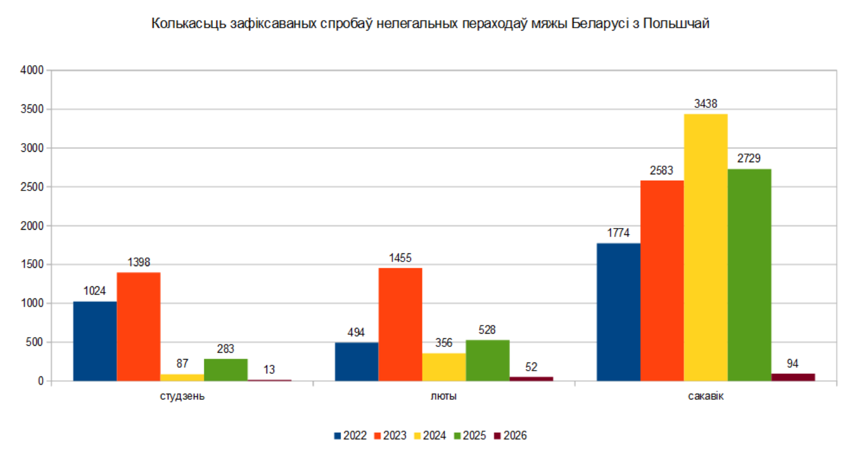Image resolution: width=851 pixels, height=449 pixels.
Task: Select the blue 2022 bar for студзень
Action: (x=95, y=341)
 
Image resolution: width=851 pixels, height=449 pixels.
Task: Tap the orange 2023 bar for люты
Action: (x=400, y=324)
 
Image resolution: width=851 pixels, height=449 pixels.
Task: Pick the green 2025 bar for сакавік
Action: (x=749, y=275)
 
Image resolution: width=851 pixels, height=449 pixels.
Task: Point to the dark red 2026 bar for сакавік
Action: (x=793, y=377)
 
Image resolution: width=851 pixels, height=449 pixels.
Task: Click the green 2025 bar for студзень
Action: (x=226, y=369)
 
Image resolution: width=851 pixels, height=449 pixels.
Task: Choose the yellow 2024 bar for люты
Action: (x=444, y=366)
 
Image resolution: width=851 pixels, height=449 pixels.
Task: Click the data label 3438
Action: (x=706, y=104)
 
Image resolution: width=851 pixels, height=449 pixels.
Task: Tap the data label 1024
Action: (x=95, y=291)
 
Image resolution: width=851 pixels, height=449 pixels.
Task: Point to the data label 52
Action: (x=531, y=367)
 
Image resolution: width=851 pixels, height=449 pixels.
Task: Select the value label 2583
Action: (x=662, y=171)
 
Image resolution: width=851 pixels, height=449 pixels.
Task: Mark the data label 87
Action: (x=182, y=364)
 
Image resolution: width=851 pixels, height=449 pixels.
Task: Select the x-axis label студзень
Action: (x=182, y=397)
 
